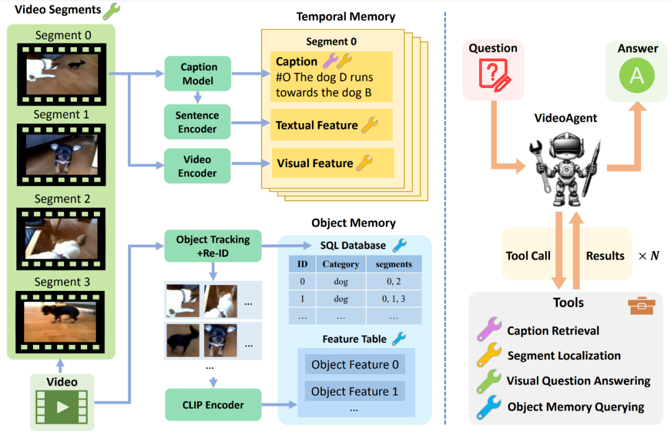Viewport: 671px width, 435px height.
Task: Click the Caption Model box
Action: point(198,73)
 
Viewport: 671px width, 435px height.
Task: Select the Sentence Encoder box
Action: point(197,122)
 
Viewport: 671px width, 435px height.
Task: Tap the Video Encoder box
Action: point(197,166)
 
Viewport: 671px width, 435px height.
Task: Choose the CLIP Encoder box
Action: point(213,405)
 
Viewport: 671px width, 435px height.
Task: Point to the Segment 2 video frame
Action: point(61,237)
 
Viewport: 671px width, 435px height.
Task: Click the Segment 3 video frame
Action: point(61,320)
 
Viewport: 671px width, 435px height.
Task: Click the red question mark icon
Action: point(493,76)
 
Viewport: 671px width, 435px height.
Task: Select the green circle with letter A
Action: point(637,76)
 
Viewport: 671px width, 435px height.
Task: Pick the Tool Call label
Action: point(528,255)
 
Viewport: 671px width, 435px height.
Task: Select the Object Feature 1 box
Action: point(355,391)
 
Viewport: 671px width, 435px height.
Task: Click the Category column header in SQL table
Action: point(340,264)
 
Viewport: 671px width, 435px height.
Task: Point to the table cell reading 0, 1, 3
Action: point(393,298)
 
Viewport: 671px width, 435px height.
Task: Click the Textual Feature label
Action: point(317,126)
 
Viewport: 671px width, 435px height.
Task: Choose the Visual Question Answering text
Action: point(578,381)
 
